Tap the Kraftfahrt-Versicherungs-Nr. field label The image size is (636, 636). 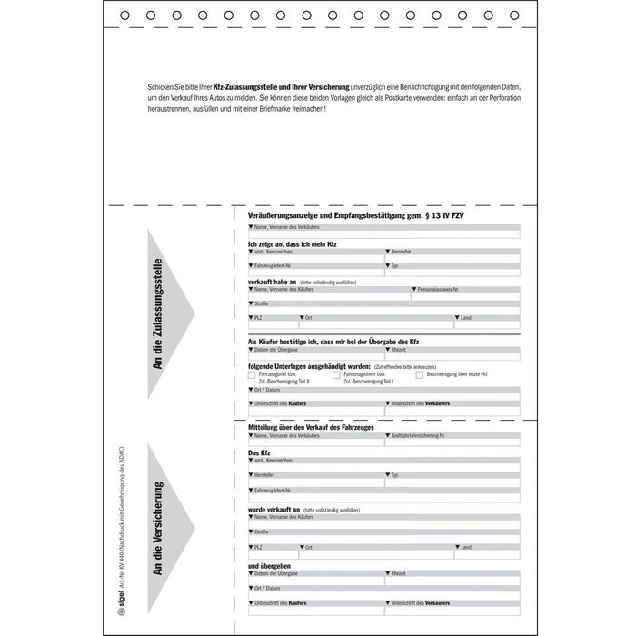point(418,436)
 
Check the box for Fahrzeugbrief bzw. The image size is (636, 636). point(253,374)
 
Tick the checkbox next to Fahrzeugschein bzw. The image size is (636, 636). point(336,374)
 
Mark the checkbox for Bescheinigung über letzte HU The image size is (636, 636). point(419,374)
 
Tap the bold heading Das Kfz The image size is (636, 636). point(260,452)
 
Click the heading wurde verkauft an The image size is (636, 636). point(273,510)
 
